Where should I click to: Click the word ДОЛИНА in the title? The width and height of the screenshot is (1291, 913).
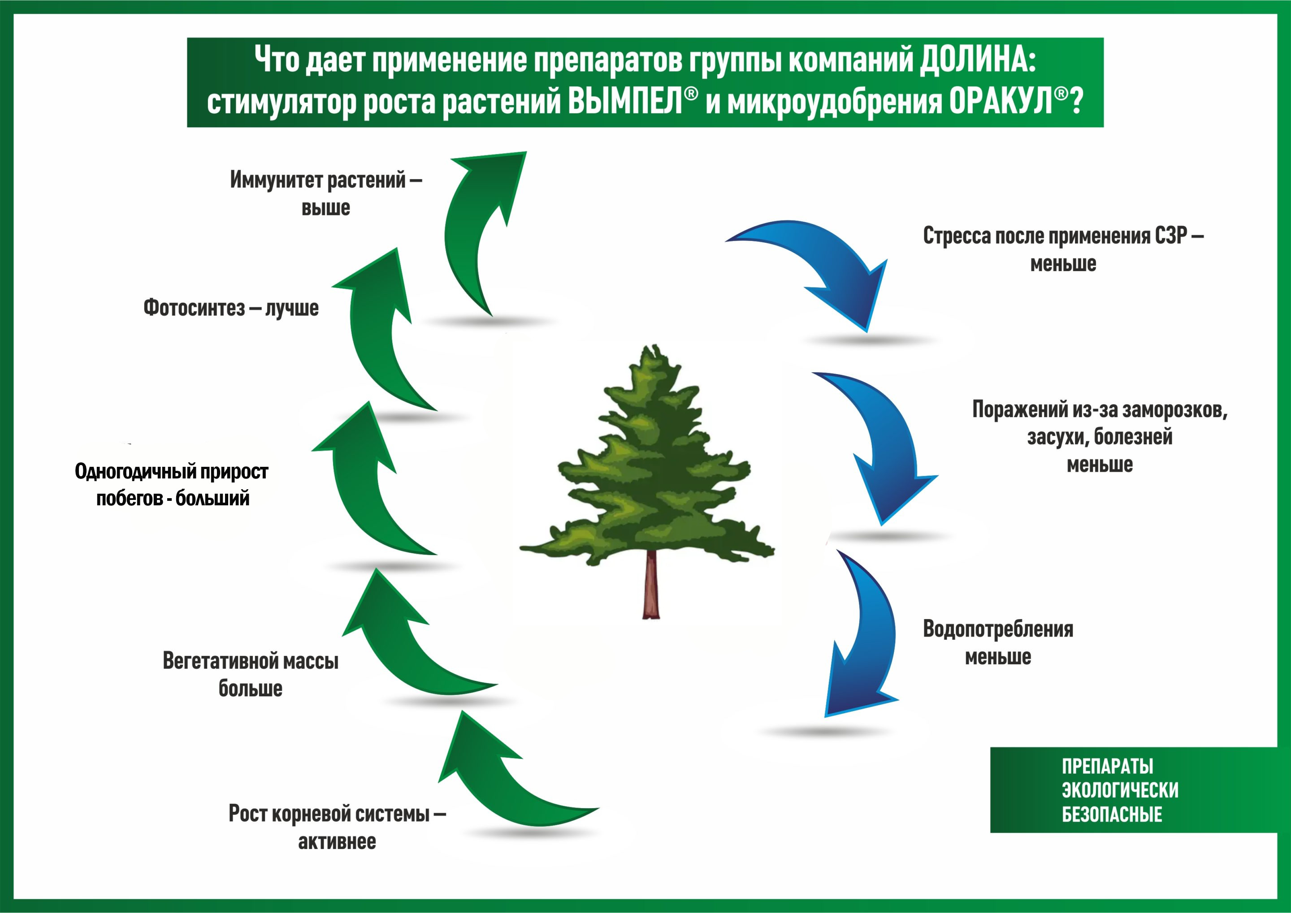coord(977,60)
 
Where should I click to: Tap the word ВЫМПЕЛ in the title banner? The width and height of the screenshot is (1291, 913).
coord(625,102)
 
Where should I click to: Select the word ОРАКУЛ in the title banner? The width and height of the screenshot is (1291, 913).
coord(1000,102)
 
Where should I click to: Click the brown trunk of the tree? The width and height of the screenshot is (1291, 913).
coord(651,585)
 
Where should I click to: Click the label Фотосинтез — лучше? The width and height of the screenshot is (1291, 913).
coord(231,308)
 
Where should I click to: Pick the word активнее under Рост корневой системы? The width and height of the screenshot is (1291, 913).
coord(337,842)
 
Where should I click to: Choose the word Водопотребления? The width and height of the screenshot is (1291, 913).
coord(998,629)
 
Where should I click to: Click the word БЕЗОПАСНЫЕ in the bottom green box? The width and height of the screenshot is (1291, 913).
coord(1112,814)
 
